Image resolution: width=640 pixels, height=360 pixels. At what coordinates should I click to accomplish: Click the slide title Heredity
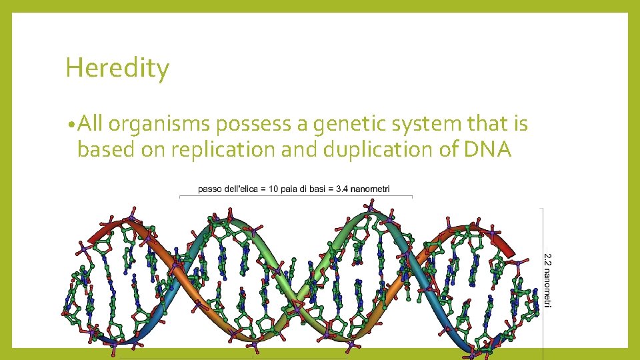(117, 69)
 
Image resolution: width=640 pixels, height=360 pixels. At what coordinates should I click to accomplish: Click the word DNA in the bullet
(489, 150)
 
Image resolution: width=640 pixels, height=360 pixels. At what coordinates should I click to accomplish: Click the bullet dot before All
(71, 125)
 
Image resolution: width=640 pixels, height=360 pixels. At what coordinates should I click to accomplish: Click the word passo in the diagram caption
(209, 190)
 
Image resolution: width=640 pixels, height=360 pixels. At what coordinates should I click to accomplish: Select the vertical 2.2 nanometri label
(548, 280)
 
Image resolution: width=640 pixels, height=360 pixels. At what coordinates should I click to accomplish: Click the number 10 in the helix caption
(273, 190)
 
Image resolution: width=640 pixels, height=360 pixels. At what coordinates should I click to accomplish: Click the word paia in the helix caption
(289, 190)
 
